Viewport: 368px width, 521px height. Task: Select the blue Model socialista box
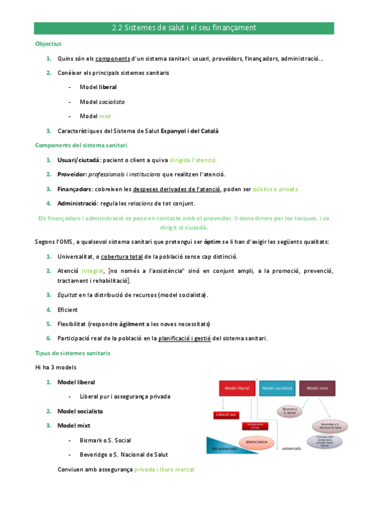click(x=276, y=388)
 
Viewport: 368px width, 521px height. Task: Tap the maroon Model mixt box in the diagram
click(x=316, y=388)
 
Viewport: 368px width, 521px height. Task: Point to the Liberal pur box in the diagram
click(x=225, y=415)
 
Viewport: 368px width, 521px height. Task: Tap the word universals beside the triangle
click(x=292, y=449)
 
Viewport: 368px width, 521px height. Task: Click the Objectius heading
click(x=48, y=44)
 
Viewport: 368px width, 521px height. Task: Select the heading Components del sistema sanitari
click(x=81, y=145)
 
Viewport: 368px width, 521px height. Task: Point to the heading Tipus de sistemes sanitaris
click(x=72, y=353)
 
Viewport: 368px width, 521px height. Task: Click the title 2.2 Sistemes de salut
click(x=184, y=28)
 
